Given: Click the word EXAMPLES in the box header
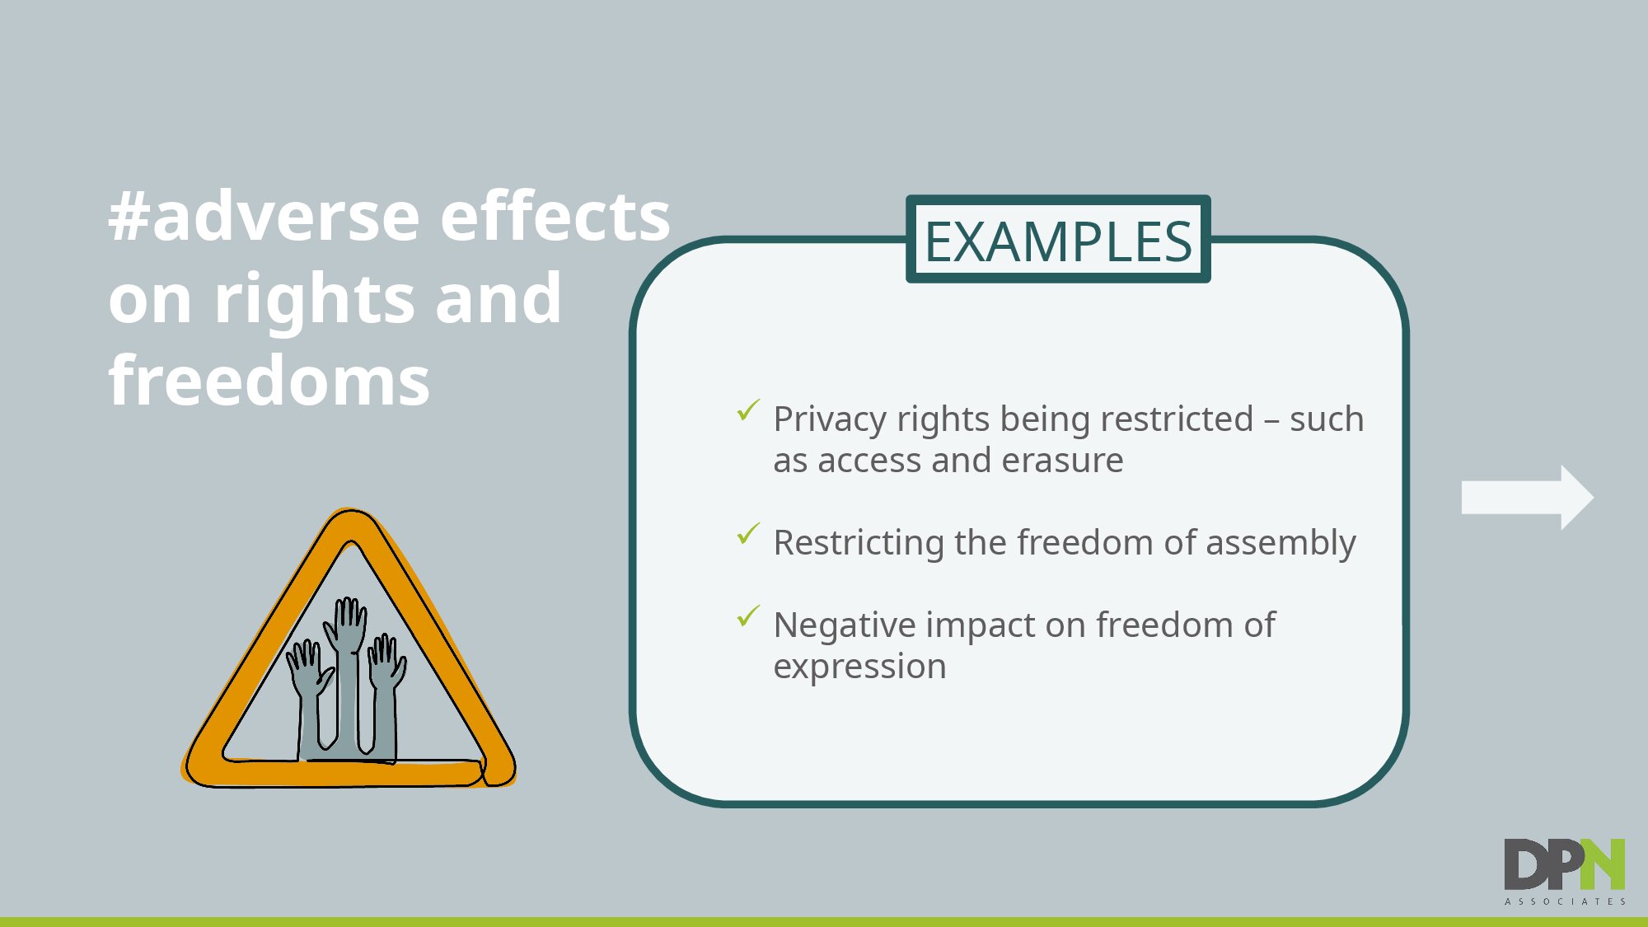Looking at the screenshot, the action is (x=1058, y=241).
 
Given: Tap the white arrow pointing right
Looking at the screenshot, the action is (x=1527, y=498).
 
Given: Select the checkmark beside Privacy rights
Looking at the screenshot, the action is (x=748, y=410).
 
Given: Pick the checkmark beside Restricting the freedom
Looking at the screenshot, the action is (x=748, y=533).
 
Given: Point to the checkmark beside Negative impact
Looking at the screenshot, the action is (x=748, y=616).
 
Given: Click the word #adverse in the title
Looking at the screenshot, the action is (x=265, y=217).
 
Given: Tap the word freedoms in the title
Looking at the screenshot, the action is (x=269, y=381).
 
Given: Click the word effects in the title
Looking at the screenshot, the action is (x=555, y=216).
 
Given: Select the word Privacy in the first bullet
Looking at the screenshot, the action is (x=830, y=420).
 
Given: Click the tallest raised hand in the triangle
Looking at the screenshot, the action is (x=347, y=672).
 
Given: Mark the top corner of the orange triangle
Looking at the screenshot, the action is (x=351, y=512).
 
